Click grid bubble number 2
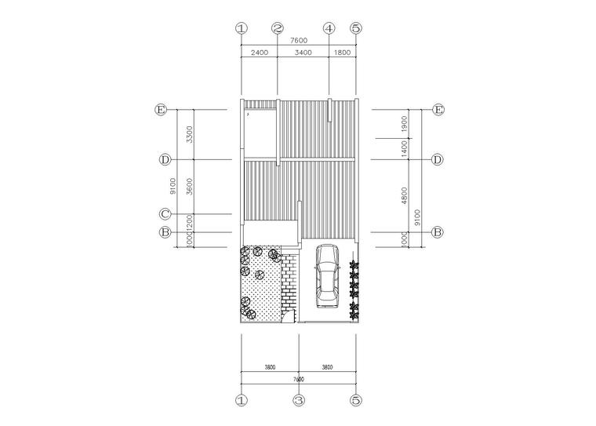278,27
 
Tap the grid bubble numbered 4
329,27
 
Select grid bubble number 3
299,400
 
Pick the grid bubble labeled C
165,213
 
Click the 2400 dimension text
260,53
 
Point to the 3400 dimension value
303,53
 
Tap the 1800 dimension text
343,53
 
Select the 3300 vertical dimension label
190,134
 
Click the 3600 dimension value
190,187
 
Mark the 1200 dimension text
190,223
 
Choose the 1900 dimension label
405,124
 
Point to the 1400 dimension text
405,149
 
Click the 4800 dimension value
405,195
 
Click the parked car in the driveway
327,275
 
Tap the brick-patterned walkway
289,282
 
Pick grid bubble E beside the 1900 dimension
438,110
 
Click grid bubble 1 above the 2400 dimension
242,27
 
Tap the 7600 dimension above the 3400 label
299,40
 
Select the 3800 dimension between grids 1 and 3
270,367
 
